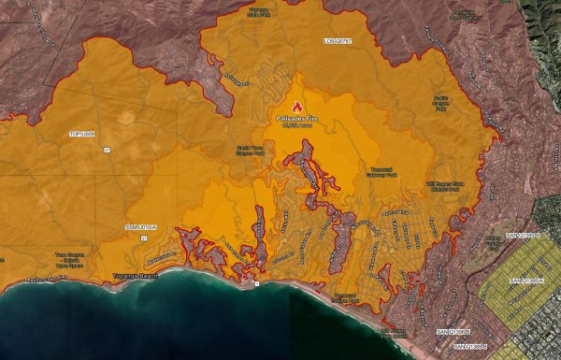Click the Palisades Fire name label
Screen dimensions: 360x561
[298, 119]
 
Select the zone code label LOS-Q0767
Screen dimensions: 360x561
[339, 41]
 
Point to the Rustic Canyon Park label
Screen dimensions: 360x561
[442, 99]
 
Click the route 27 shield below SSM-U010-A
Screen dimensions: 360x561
[141, 237]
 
